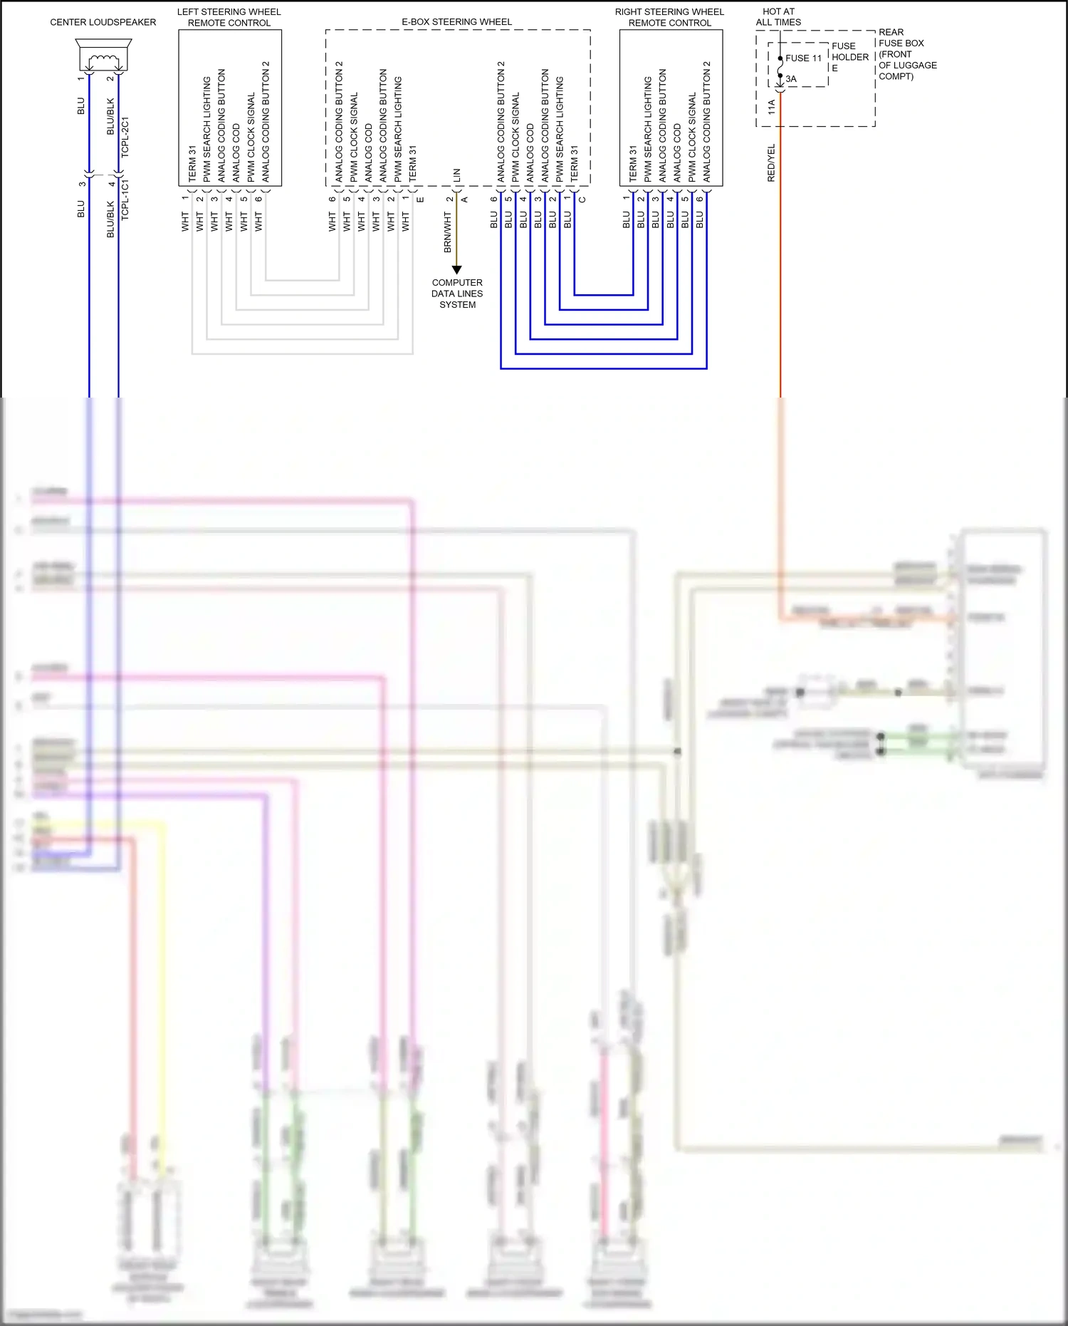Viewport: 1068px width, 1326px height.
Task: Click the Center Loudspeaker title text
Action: pos(103,22)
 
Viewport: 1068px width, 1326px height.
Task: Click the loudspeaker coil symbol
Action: pos(103,59)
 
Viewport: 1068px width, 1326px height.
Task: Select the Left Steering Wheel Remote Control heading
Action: pos(229,17)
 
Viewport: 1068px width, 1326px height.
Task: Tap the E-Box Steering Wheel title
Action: pos(456,22)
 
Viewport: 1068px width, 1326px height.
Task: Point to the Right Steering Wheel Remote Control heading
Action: pos(669,17)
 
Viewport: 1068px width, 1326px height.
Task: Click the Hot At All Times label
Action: pos(778,17)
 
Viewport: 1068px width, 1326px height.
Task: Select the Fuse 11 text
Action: pos(803,58)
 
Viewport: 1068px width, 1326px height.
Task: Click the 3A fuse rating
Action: pos(791,79)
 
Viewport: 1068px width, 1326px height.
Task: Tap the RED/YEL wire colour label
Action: pos(771,163)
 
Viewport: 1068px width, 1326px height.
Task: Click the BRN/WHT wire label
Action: pos(448,232)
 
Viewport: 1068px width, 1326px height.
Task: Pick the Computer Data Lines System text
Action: pos(457,294)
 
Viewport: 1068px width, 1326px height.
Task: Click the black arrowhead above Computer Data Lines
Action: pos(457,269)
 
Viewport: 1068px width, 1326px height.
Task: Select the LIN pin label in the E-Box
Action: pos(457,174)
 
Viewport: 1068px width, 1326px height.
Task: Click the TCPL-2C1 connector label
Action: pos(125,137)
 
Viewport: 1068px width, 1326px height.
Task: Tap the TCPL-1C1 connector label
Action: pos(125,200)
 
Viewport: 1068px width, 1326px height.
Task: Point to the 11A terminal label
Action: pos(771,108)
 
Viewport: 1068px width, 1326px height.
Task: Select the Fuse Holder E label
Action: pos(849,57)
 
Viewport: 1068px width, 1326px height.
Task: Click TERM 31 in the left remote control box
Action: pos(192,163)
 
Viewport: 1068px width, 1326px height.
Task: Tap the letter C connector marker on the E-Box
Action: pos(582,200)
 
